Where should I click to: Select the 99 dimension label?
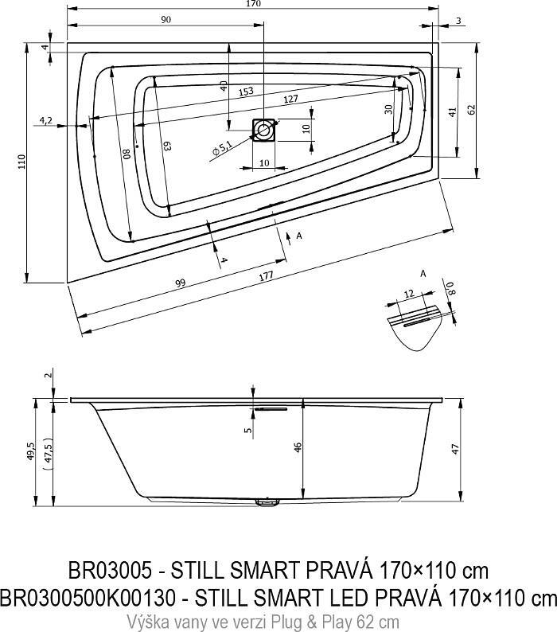pos(180,284)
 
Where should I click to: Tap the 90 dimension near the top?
pos(166,21)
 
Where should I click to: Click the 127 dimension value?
pos(291,99)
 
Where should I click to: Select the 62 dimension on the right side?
pos(472,110)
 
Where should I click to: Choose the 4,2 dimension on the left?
pos(45,120)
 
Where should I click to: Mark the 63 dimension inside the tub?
pos(166,146)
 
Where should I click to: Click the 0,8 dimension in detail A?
pos(450,289)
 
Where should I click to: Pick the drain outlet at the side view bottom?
pos(264,502)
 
